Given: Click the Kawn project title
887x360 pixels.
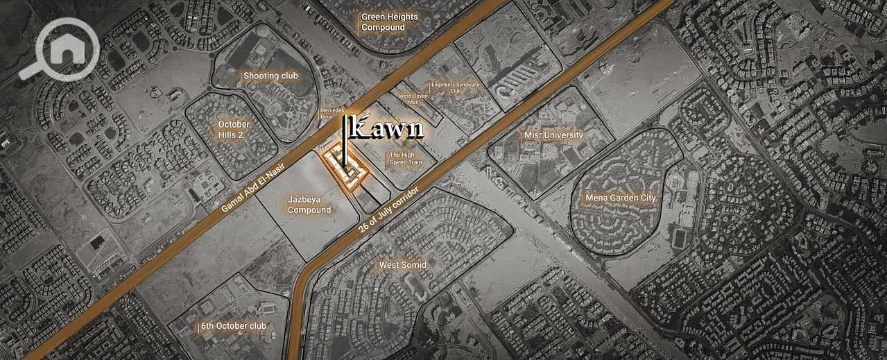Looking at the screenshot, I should pyautogui.click(x=387, y=128).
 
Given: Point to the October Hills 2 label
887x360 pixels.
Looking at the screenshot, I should pyautogui.click(x=234, y=129).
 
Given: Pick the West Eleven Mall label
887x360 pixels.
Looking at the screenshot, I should pyautogui.click(x=413, y=98).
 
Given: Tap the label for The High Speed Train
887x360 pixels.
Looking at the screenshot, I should pyautogui.click(x=402, y=159).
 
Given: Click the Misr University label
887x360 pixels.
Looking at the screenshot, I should pyautogui.click(x=555, y=135).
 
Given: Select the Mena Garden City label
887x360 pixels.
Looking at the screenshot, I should pyautogui.click(x=620, y=198).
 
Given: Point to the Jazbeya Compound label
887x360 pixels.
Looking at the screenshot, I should pyautogui.click(x=309, y=204).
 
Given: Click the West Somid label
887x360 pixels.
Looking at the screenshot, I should pyautogui.click(x=402, y=265).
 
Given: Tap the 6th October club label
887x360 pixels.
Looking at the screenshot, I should pyautogui.click(x=234, y=325).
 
